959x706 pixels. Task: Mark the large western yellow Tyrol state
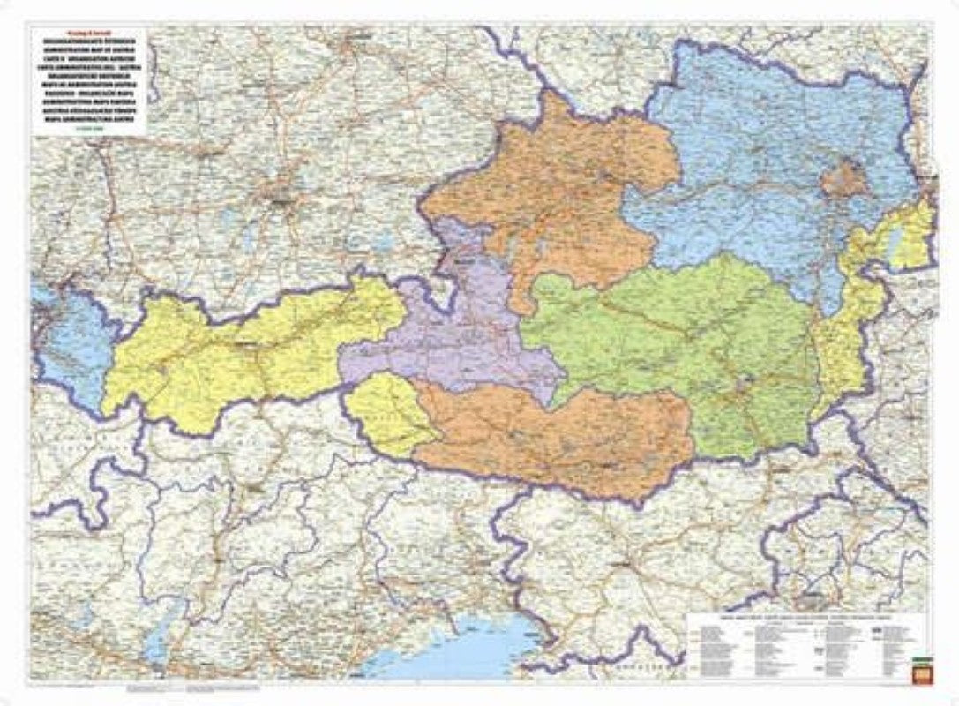click(x=238, y=353)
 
